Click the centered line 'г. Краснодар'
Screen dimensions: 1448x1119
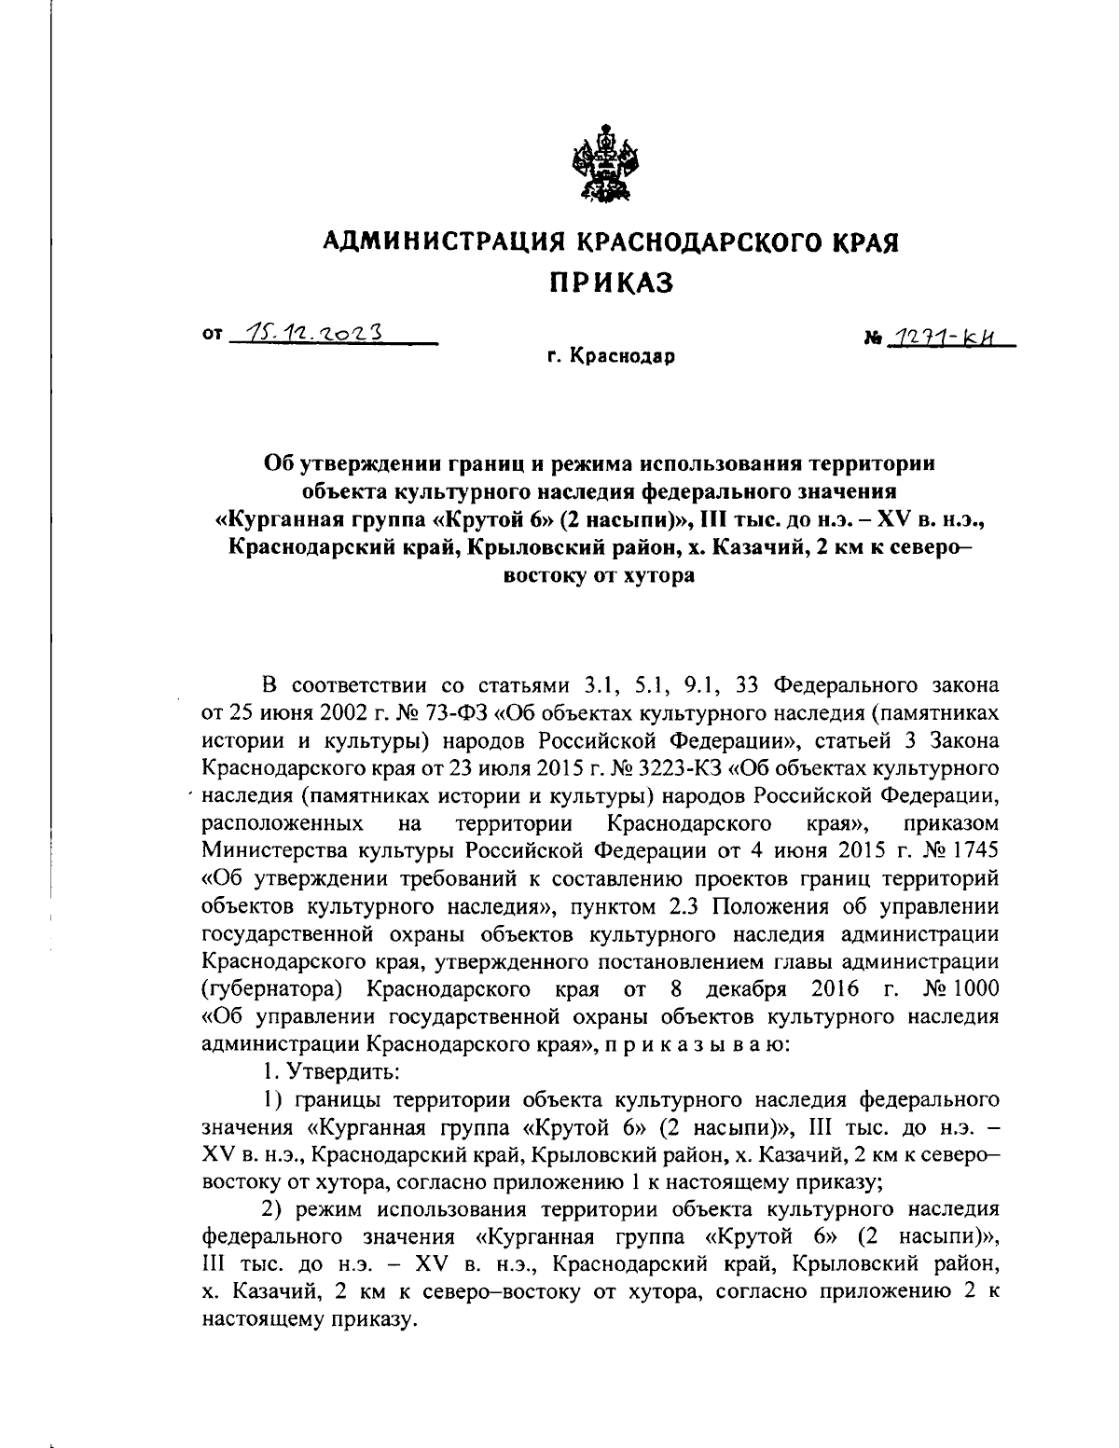pyautogui.click(x=610, y=355)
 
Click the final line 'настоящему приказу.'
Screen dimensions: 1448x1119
pyautogui.click(x=306, y=1320)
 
